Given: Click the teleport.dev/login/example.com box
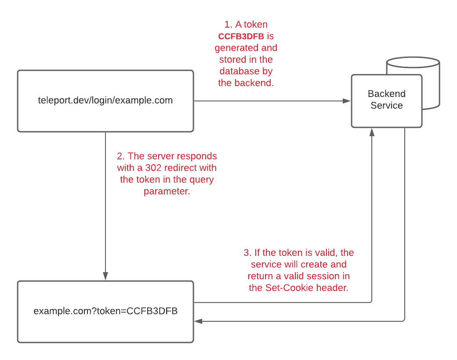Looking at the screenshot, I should pyautogui.click(x=105, y=101).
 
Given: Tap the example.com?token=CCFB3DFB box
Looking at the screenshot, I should pyautogui.click(x=105, y=312).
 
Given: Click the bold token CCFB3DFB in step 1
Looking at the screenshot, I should pyautogui.click(x=241, y=36).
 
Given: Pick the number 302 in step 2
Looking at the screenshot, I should pyautogui.click(x=153, y=168).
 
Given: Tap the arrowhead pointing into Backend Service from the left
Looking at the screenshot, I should pyautogui.click(x=347, y=101).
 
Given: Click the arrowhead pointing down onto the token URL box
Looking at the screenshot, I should pyautogui.click(x=105, y=276).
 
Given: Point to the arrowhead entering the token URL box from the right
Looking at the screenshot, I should pyautogui.click(x=198, y=321).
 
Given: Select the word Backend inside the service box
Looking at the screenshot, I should pyautogui.click(x=387, y=94).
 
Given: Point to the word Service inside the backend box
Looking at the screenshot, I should pyautogui.click(x=387, y=105).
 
